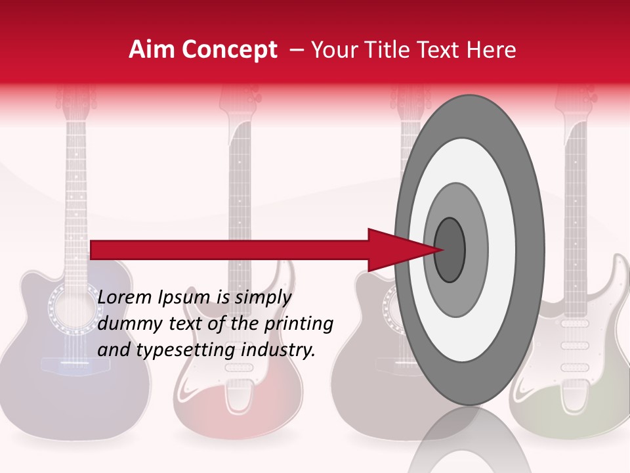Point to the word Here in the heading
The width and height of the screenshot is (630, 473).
point(492,50)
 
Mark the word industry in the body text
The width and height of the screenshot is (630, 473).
point(278,350)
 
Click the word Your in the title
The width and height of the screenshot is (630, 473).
point(334,50)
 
